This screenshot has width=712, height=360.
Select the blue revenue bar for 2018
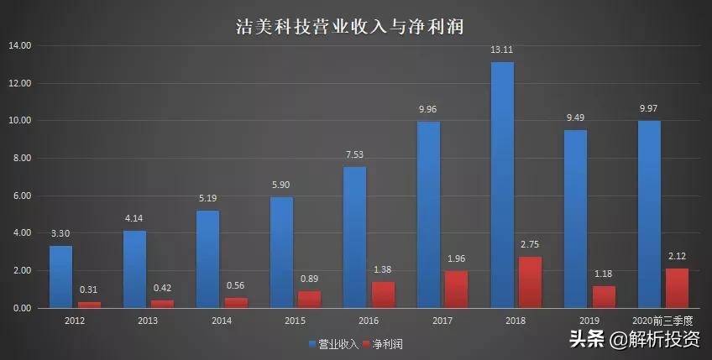click(502, 185)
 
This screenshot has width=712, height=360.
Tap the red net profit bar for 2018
click(531, 282)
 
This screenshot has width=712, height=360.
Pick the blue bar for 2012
click(60, 277)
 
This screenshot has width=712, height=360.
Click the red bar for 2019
click(604, 297)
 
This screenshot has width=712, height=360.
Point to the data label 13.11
click(502, 50)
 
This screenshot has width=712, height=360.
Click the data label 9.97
click(649, 109)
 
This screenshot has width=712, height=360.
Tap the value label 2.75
click(531, 244)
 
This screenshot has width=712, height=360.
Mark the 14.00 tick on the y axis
click(19, 45)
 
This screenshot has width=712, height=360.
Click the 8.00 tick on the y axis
click(19, 158)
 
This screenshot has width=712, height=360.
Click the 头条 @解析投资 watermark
click(636, 340)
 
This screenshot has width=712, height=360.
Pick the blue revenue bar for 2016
click(355, 237)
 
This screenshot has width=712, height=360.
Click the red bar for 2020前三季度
click(677, 288)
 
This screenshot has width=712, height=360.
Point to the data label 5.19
click(207, 199)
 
